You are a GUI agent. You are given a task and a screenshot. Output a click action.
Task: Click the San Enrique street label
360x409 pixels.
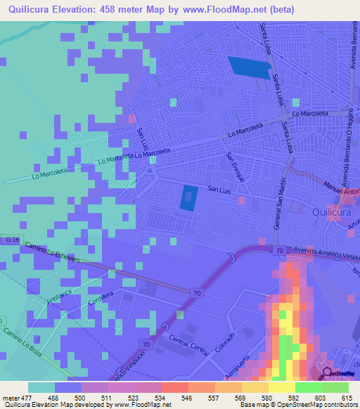coord(235,167)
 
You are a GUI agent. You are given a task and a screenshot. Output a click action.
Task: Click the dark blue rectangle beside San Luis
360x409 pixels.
coord(188,198)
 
